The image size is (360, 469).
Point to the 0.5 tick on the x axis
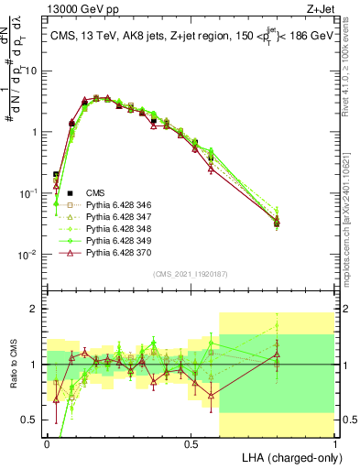[191, 442]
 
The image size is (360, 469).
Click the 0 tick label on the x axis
[48, 442]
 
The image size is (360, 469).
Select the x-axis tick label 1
[335, 442]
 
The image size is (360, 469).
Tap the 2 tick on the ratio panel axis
[36, 309]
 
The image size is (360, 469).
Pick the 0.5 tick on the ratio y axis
[31, 420]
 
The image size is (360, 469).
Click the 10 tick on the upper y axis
[31, 71]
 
